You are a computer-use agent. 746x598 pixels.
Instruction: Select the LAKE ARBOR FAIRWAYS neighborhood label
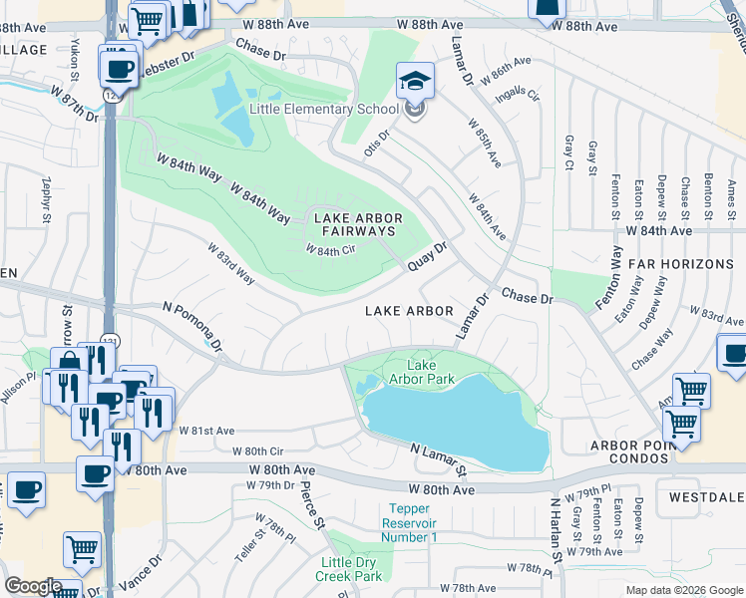pyautogui.click(x=358, y=224)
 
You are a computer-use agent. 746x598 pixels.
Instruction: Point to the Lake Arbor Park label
pyautogui.click(x=429, y=372)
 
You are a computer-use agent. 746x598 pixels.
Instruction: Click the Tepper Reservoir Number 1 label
pyautogui.click(x=412, y=523)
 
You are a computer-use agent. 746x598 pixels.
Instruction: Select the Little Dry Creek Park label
pyautogui.click(x=349, y=569)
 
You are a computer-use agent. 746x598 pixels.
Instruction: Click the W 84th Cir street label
pyautogui.click(x=330, y=250)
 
